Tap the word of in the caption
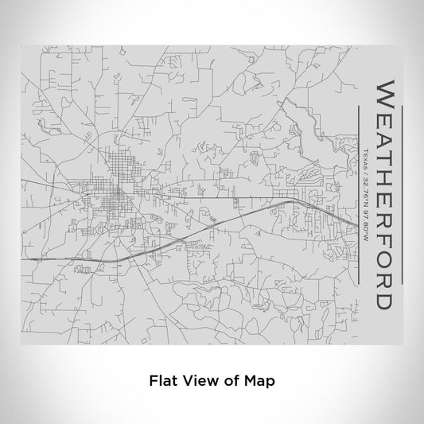229,380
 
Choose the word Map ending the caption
260,380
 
